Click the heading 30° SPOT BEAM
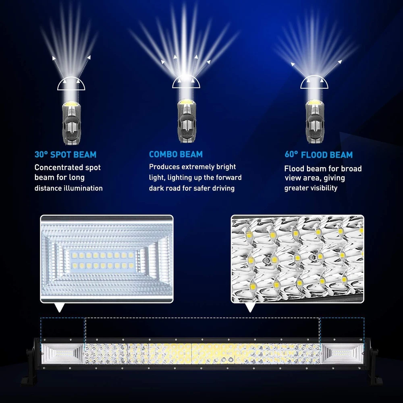pyautogui.click(x=65, y=154)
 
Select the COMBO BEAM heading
pyautogui.click(x=176, y=154)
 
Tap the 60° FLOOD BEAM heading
pyautogui.click(x=318, y=154)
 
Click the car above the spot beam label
pyautogui.click(x=71, y=123)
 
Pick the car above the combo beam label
pyautogui.click(x=186, y=121)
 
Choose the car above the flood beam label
pyautogui.click(x=315, y=122)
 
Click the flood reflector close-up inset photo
pyautogui.click(x=107, y=259)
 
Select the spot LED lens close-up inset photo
pyautogui.click(x=297, y=259)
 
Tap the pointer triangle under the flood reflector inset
pyautogui.click(x=60, y=307)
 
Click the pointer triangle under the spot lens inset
pyautogui.click(x=250, y=307)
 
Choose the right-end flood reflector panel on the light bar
pyautogui.click(x=342, y=354)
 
